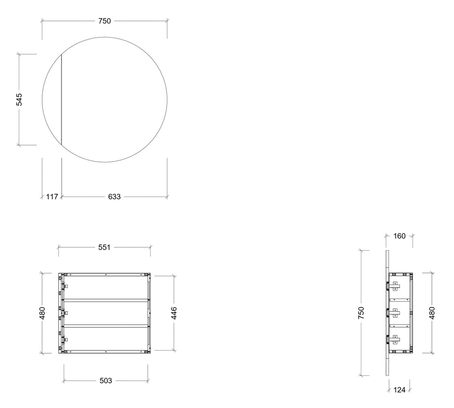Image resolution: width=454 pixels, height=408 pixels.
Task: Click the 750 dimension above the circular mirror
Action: click(105, 21)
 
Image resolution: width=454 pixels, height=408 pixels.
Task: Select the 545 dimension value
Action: click(19, 99)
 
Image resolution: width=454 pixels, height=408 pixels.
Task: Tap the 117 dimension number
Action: click(52, 197)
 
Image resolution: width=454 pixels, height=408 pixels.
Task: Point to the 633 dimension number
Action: click(114, 197)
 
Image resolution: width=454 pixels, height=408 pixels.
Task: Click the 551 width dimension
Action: click(104, 248)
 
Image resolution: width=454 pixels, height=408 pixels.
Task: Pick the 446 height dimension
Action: click(174, 313)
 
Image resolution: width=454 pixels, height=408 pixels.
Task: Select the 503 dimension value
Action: click(106, 381)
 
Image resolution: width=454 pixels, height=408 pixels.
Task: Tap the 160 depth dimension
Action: click(399, 236)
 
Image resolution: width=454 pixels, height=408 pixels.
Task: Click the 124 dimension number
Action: click(399, 390)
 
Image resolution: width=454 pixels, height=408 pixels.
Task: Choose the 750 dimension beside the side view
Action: click(361, 313)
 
